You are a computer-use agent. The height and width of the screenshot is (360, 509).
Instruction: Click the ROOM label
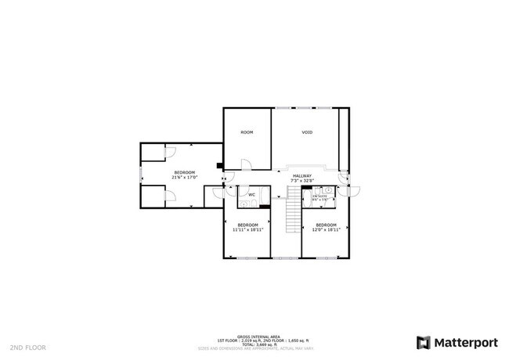247,132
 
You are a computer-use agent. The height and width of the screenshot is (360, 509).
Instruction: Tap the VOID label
307,132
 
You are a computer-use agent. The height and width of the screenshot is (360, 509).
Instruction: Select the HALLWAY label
302,176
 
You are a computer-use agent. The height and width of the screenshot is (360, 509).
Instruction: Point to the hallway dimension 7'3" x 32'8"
302,181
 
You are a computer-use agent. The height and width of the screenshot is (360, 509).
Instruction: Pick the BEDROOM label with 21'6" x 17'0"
184,172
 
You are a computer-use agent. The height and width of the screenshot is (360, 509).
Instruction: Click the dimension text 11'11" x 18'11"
247,230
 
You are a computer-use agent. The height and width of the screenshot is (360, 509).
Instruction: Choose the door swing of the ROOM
245,164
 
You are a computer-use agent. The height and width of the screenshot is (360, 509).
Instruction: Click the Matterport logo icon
424,342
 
